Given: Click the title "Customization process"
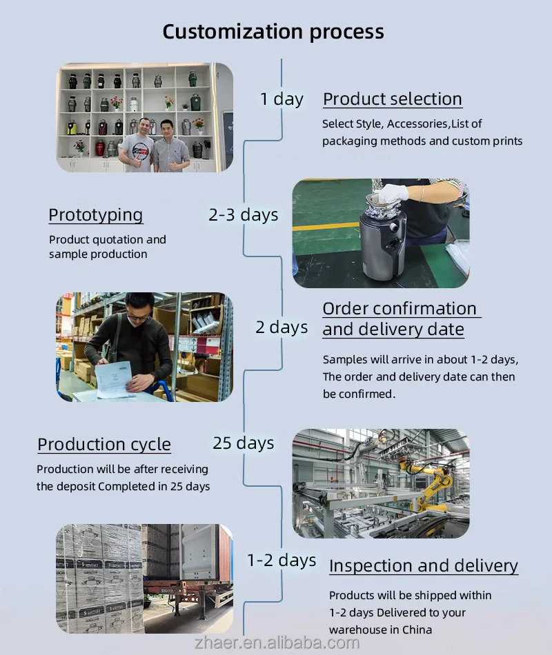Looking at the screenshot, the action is (273, 32).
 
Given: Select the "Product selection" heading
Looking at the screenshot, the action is (392, 99).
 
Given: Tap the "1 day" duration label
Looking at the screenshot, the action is (282, 99).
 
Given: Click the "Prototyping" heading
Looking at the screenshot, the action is (96, 215).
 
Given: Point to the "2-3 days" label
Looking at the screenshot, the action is (244, 214).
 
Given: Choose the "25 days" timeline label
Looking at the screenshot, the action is (244, 443).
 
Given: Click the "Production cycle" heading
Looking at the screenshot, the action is (104, 445).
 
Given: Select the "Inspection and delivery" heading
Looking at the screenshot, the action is (424, 565).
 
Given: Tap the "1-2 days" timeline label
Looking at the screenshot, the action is (282, 560).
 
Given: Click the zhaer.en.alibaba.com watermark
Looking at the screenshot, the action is (277, 643).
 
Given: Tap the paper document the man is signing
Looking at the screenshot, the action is (114, 379).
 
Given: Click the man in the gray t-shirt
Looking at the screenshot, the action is (137, 145).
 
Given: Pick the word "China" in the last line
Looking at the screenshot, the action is (417, 629).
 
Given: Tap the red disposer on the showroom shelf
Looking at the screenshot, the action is (100, 148).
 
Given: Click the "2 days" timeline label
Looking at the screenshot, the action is (282, 327).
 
